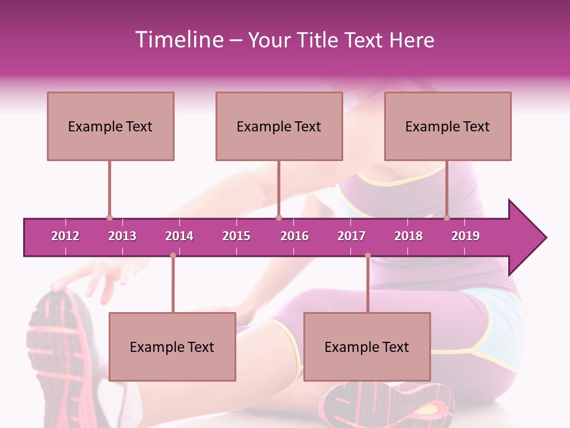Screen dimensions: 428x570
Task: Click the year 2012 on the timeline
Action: click(65, 236)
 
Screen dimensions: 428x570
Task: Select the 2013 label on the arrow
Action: click(122, 236)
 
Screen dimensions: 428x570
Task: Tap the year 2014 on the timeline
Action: click(179, 236)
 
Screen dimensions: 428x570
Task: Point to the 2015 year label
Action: click(236, 236)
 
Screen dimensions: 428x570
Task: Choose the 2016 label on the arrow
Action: click(294, 236)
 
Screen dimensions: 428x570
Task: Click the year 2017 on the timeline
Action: click(351, 236)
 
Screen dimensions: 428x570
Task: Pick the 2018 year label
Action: click(408, 236)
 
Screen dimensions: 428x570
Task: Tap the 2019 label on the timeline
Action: click(465, 236)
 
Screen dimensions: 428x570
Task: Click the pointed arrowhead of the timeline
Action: click(528, 238)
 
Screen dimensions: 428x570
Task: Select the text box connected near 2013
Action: click(110, 126)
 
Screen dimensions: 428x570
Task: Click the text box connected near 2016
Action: click(279, 126)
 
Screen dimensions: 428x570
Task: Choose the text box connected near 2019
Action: click(448, 126)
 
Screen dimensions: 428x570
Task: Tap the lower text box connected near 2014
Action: click(172, 347)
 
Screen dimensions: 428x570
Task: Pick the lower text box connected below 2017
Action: click(367, 347)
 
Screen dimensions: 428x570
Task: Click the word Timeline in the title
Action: click(178, 40)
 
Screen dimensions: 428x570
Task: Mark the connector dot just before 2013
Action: click(109, 218)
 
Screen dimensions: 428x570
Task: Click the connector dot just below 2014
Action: click(173, 256)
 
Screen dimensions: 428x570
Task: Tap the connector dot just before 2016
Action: click(279, 218)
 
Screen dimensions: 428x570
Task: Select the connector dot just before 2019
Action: click(447, 218)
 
